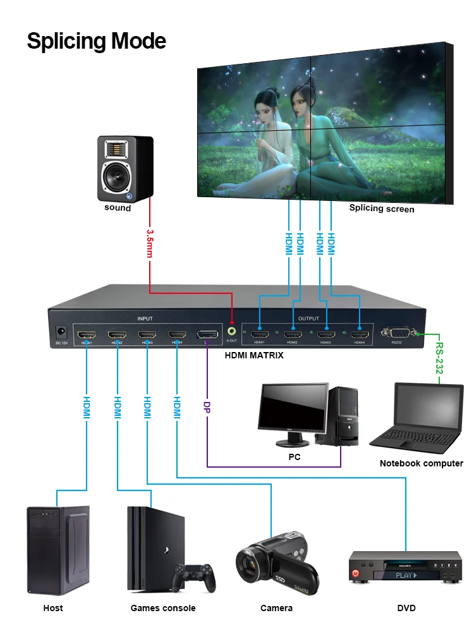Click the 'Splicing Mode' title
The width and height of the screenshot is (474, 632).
point(96,41)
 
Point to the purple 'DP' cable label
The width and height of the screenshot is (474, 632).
point(207,408)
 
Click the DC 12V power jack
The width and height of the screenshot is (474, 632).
point(62,331)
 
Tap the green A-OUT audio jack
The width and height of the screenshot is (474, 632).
point(232,330)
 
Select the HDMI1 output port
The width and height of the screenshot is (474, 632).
point(259,332)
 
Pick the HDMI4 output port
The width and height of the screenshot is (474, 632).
point(360,332)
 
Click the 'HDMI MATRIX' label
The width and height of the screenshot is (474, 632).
point(254,355)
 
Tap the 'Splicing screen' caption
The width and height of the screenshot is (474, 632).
point(382,209)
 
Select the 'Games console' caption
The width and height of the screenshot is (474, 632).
point(163,608)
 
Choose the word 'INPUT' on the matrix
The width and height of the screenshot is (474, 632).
point(145,319)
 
